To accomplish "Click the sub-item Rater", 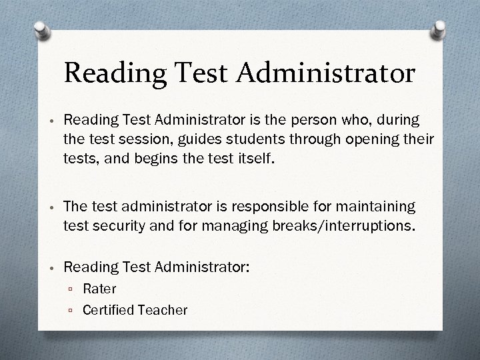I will click(x=99, y=289).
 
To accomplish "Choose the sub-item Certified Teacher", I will click(x=135, y=309).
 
